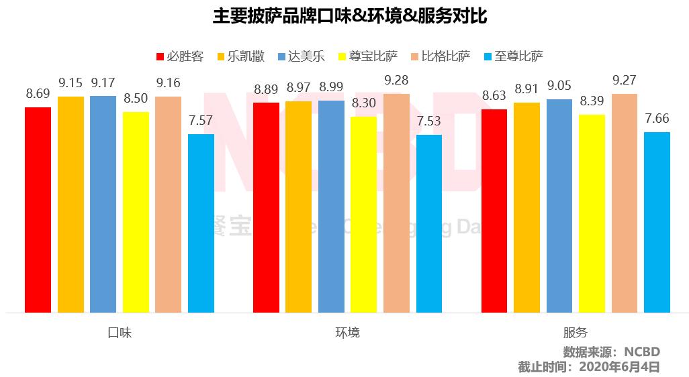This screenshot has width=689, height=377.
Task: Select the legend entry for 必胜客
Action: [179, 56]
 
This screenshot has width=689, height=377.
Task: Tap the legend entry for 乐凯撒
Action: [240, 56]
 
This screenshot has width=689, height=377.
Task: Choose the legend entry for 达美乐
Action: [301, 56]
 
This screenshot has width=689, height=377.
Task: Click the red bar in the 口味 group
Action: [38, 209]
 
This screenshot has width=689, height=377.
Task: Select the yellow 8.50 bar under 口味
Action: [136, 212]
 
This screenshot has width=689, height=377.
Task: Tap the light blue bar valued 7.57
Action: [201, 223]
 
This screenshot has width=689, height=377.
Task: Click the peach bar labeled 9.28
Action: [396, 203]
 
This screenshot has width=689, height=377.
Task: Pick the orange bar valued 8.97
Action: [298, 207]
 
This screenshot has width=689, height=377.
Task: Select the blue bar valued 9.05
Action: [559, 206]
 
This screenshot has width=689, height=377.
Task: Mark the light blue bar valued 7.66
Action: [657, 222]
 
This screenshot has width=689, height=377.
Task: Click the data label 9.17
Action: [103, 84]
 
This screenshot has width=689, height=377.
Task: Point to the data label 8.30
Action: [363, 105]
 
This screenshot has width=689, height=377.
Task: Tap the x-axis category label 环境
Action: [347, 333]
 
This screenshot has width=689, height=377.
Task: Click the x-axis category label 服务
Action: [576, 333]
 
